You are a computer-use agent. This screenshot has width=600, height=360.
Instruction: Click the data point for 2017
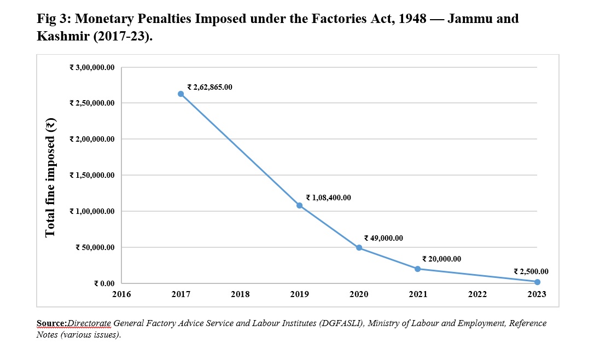coord(181,94)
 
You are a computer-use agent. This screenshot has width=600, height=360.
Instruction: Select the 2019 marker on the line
coord(300,206)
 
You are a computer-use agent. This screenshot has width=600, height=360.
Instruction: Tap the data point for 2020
coord(359,248)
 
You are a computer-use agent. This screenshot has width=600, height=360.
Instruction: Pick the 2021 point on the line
coord(418,269)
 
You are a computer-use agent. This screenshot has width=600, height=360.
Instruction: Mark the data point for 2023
coord(537,282)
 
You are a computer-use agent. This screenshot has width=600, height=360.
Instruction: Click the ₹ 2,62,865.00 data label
coord(209,87)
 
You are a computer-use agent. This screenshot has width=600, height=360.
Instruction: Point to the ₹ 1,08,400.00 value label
coord(328,198)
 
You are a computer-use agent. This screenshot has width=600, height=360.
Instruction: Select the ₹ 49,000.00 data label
coord(383,238)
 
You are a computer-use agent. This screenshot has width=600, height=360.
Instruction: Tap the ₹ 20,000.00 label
coord(441,259)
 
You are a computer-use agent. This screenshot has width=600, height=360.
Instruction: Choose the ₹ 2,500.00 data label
coord(531,271)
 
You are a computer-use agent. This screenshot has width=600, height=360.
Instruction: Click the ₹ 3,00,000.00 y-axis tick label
coord(92,68)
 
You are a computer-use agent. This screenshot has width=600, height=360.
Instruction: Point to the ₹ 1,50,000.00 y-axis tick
coord(92,176)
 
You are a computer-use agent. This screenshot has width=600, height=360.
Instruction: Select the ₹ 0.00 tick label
coord(104,283)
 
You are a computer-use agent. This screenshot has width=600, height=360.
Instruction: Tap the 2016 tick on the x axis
coord(121,294)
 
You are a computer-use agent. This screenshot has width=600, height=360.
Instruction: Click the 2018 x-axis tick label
coord(240,294)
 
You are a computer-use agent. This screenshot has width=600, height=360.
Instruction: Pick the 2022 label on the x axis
coord(477,294)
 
